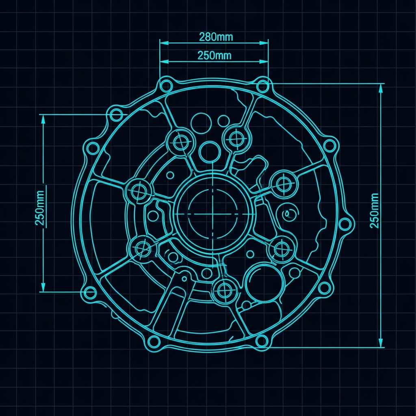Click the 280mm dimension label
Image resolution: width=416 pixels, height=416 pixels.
coord(216,37)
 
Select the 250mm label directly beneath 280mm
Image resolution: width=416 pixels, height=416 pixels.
coord(214,55)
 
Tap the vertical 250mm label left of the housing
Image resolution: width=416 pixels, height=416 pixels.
coord(40,208)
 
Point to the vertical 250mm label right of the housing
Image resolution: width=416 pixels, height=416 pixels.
coord(374,211)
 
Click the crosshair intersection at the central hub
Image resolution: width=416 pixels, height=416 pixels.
coord(212,214)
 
